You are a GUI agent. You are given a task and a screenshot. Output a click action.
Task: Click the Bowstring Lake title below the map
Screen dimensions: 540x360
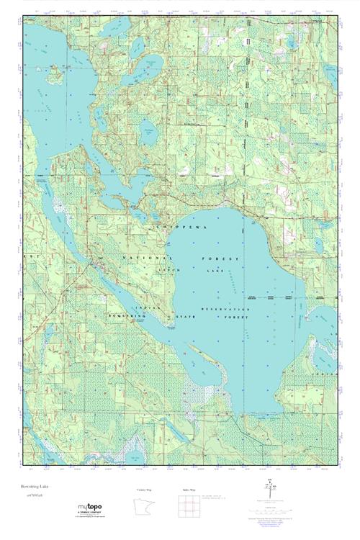click(x=35, y=487)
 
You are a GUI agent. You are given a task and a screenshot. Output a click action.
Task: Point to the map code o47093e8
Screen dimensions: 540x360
click(x=35, y=495)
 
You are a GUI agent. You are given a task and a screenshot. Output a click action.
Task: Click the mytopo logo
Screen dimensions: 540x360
click(x=91, y=508)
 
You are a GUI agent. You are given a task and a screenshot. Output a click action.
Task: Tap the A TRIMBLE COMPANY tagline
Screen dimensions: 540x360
click(x=91, y=516)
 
